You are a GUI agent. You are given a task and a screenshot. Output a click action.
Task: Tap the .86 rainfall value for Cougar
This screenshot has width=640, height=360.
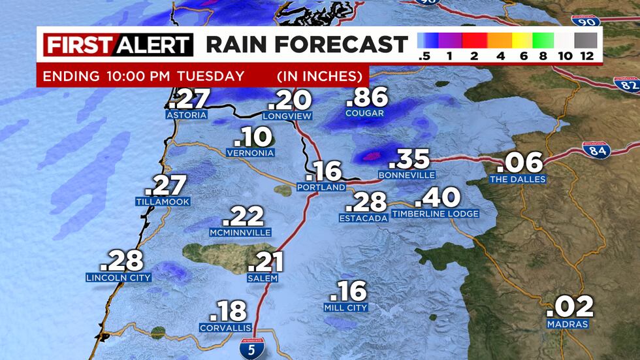point(366,98)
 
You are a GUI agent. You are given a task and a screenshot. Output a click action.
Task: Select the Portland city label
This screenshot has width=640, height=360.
point(320,188)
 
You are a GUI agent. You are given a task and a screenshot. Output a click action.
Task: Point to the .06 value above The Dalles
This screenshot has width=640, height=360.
point(520,161)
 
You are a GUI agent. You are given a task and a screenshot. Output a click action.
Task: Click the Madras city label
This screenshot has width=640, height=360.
point(568,324)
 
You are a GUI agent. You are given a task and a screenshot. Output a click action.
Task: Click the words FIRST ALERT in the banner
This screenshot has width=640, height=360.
point(118,45)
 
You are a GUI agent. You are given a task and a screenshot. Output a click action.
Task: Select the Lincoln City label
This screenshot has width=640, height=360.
point(118,278)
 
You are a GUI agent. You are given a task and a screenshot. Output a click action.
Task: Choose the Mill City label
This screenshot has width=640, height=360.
point(345,307)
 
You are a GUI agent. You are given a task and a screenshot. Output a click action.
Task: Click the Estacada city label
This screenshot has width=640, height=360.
point(363,218)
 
